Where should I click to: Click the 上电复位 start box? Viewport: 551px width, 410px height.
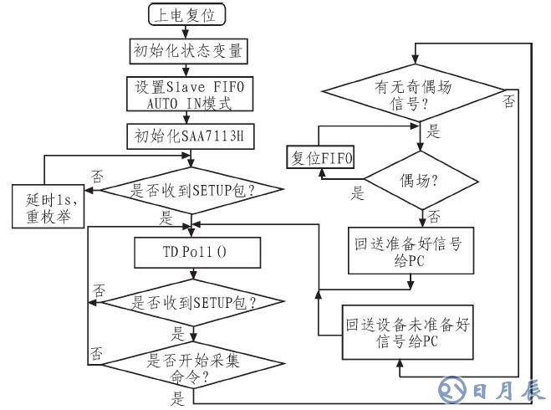click(x=187, y=15)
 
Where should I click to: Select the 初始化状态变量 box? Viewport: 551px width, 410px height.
click(x=188, y=51)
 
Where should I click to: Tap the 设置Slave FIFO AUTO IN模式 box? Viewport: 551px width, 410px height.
click(x=188, y=95)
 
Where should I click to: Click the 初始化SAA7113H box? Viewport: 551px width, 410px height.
click(x=188, y=136)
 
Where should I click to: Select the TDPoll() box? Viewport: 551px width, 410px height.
click(x=192, y=250)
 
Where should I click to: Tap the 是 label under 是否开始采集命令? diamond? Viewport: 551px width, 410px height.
click(x=177, y=399)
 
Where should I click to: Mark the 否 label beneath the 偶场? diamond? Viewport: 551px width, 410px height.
click(x=435, y=216)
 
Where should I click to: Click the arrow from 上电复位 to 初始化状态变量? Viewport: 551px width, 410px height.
click(x=188, y=33)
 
